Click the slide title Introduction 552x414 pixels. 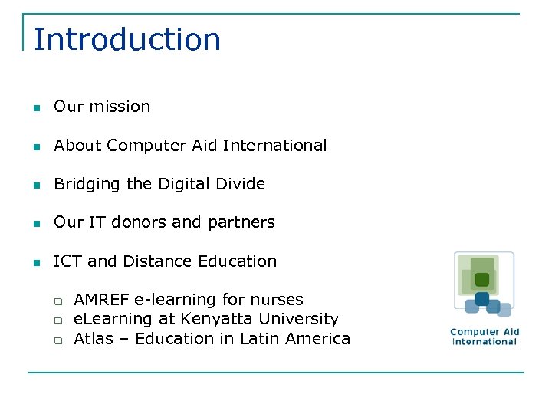(x=127, y=39)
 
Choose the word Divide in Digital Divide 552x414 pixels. (x=241, y=184)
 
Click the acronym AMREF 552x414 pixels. (x=101, y=300)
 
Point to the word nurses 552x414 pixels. (x=279, y=300)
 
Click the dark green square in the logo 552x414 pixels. (x=481, y=280)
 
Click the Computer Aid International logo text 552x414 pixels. (x=485, y=337)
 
